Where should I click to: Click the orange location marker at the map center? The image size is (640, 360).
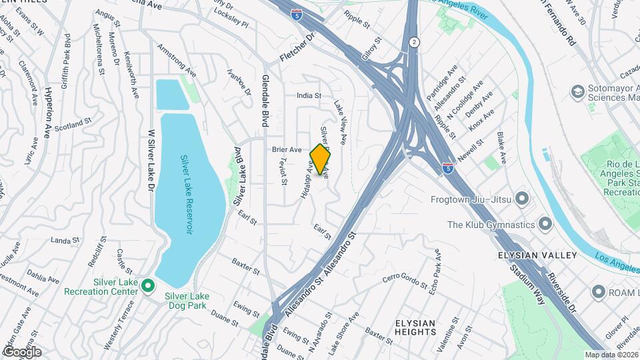(x=321, y=159)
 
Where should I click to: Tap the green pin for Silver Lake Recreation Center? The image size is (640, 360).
(x=148, y=287)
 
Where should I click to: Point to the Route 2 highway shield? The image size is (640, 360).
(x=414, y=41)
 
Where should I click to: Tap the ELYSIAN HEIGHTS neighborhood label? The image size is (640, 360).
(x=415, y=327)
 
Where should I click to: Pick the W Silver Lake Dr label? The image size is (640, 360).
(x=151, y=160)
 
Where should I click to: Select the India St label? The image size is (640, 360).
(x=309, y=95)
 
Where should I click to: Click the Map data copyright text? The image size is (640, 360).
(x=611, y=354)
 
